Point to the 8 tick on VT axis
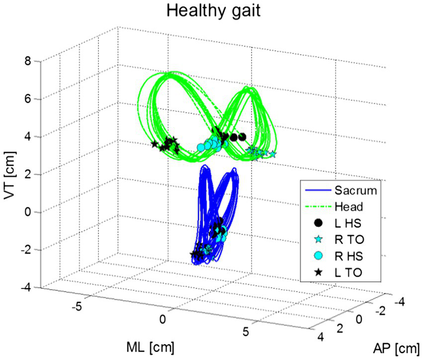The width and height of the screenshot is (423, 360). [x=29, y=61]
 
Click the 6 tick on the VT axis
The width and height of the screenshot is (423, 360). [x=29, y=99]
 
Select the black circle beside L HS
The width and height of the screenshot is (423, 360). [x=319, y=222]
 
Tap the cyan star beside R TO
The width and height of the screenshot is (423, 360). [x=319, y=239]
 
